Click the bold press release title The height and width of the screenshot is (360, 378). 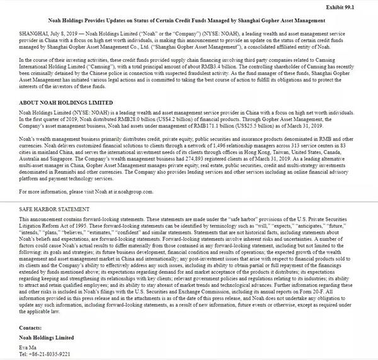(188, 21)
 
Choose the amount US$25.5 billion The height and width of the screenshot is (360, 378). (302, 124)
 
